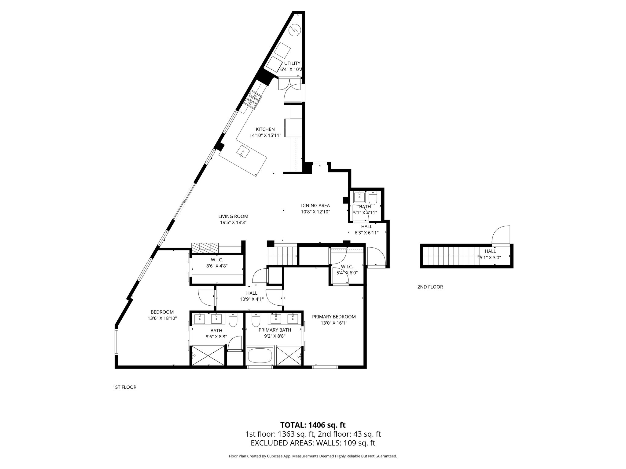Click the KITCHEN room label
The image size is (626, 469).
pyautogui.click(x=265, y=129)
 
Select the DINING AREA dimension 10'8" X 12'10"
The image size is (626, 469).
pyautogui.click(x=315, y=212)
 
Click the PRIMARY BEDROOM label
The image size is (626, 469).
pyautogui.click(x=334, y=317)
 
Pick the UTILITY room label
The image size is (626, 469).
pyautogui.click(x=292, y=63)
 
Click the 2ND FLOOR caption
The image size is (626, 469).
pyautogui.click(x=430, y=287)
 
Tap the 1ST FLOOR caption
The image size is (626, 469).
pyautogui.click(x=124, y=387)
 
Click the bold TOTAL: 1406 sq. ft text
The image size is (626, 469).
pyautogui.click(x=313, y=425)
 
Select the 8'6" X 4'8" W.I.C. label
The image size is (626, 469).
pyautogui.click(x=217, y=266)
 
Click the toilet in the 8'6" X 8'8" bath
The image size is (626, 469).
pyautogui.click(x=233, y=320)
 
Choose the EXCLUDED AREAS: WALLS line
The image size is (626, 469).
pyautogui.click(x=313, y=443)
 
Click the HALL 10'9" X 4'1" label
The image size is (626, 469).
pyautogui.click(x=252, y=296)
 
